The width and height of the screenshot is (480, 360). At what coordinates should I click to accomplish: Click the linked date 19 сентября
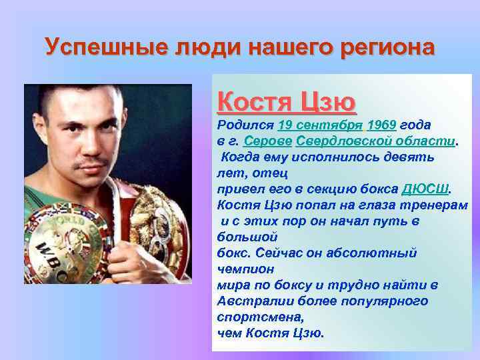coord(320,125)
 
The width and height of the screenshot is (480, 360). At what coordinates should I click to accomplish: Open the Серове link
coord(268,141)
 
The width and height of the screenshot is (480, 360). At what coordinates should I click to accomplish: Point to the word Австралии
coord(250,301)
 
